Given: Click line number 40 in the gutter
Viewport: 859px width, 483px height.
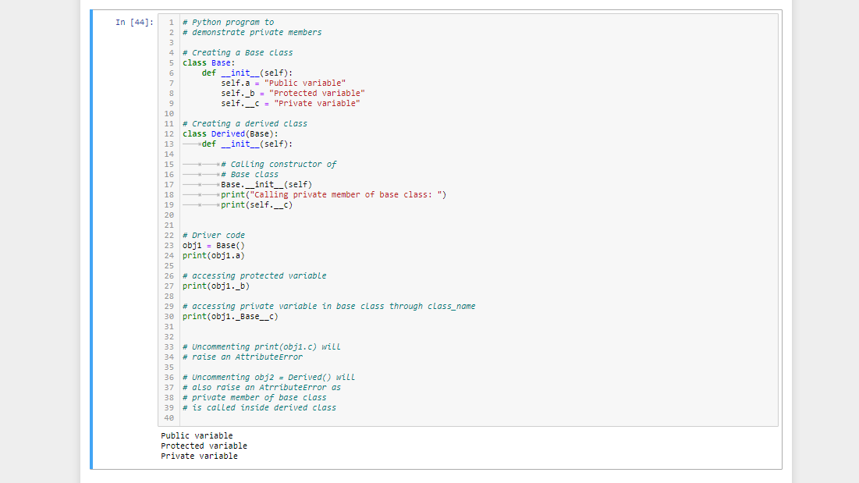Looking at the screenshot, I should coord(169,417).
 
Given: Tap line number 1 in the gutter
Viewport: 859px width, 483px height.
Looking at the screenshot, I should coord(171,22).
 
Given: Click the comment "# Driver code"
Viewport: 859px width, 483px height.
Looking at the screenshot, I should coord(214,235).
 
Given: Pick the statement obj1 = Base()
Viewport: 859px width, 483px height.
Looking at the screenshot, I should coord(211,245).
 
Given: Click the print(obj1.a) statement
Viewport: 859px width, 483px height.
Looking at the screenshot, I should coord(214,255).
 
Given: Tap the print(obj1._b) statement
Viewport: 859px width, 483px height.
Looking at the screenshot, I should coord(216,286).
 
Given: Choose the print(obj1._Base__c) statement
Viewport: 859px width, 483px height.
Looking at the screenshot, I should coord(230,316).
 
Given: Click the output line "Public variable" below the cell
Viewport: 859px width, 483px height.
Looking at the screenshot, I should coord(197,435).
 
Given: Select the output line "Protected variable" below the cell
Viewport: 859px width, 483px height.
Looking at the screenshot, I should coord(204,446).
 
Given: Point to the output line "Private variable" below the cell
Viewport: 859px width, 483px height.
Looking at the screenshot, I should coord(199,456).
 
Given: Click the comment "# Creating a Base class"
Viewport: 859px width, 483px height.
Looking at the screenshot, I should coord(238,52).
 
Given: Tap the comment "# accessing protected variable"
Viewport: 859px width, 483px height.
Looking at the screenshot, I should coord(254,275).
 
